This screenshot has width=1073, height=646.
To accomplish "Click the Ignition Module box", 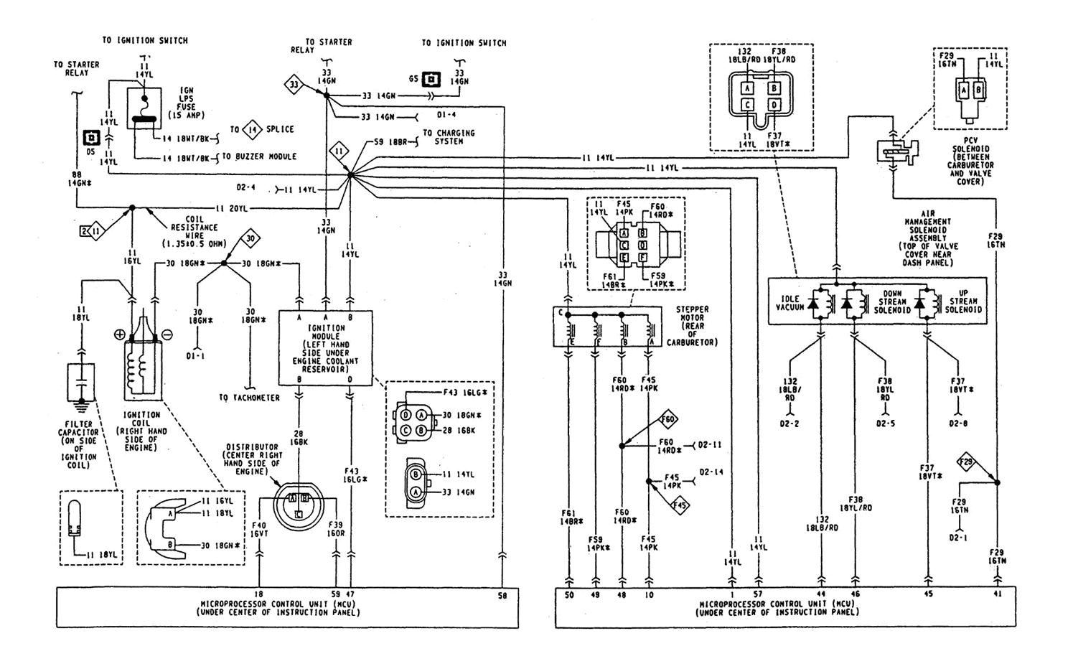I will (325, 348).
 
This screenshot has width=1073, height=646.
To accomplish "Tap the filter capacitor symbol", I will (80, 382).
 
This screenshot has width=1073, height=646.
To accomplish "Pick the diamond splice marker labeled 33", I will (294, 85).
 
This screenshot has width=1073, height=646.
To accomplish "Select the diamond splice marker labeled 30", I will (249, 238).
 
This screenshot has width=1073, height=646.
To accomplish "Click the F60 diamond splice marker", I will (668, 420).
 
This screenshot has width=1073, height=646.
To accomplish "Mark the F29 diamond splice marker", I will (965, 463).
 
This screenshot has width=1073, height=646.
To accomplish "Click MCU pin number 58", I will (502, 595).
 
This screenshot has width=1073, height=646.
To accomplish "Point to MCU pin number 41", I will (997, 595).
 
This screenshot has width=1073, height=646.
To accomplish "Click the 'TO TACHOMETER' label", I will (249, 398).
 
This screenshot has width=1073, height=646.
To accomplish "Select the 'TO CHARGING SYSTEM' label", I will (448, 137).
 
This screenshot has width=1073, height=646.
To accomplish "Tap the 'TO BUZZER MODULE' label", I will (259, 156).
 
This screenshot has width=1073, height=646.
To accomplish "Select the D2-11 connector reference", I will (709, 445).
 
